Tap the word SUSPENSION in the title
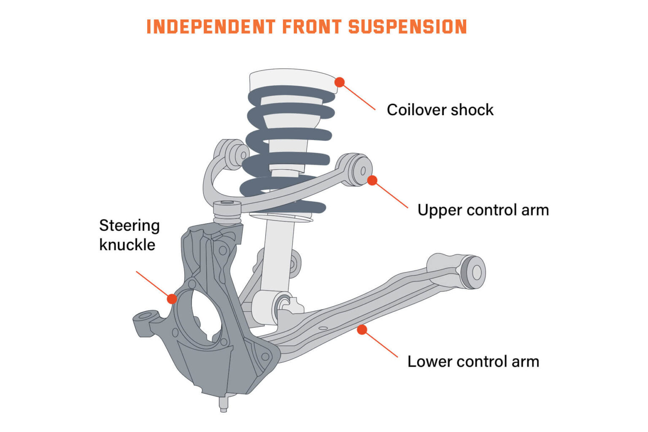pyautogui.click(x=408, y=27)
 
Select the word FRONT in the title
pyautogui.click(x=311, y=27)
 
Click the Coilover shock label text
pyautogui.click(x=440, y=110)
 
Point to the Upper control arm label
pyautogui.click(x=483, y=210)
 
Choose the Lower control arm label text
pyautogui.click(x=473, y=362)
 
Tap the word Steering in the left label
pyautogui.click(x=129, y=226)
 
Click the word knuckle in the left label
pyautogui.click(x=127, y=245)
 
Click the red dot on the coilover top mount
pyautogui.click(x=340, y=82)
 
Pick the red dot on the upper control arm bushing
pyautogui.click(x=372, y=181)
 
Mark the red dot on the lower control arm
pyautogui.click(x=362, y=329)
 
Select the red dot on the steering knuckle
pyautogui.click(x=172, y=299)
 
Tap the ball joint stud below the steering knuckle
pyautogui.click(x=224, y=403)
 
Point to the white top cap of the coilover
pyautogui.click(x=291, y=80)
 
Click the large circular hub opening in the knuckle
pyautogui.click(x=207, y=316)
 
